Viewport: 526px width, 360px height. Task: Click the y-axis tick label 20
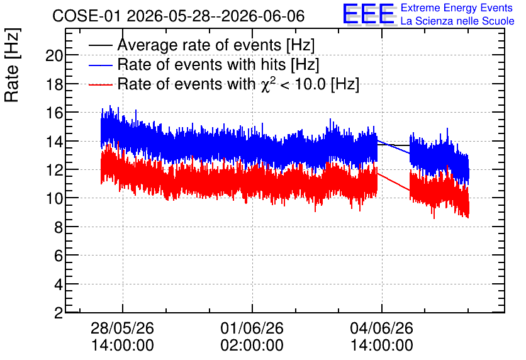[54, 55]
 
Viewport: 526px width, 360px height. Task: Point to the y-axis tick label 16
[54, 113]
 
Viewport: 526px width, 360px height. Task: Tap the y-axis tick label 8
[59, 228]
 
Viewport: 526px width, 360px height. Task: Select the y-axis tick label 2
[59, 313]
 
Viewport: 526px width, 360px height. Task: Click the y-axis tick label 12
[54, 170]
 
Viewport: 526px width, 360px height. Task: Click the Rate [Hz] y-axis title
[12, 65]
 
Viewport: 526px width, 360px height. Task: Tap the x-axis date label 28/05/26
[123, 328]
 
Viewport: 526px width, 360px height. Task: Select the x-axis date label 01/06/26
[252, 328]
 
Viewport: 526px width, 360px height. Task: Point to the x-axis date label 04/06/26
[382, 328]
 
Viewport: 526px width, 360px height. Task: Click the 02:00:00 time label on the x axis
[252, 345]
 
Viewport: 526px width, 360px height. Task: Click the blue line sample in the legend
[100, 65]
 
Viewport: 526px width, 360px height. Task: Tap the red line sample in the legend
[100, 84]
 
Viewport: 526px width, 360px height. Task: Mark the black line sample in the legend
[100, 45]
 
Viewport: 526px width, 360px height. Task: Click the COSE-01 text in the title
[86, 16]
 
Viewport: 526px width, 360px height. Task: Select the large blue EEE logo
[369, 14]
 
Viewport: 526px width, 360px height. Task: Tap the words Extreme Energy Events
[457, 8]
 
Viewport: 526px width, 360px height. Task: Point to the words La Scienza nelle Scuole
[457, 21]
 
